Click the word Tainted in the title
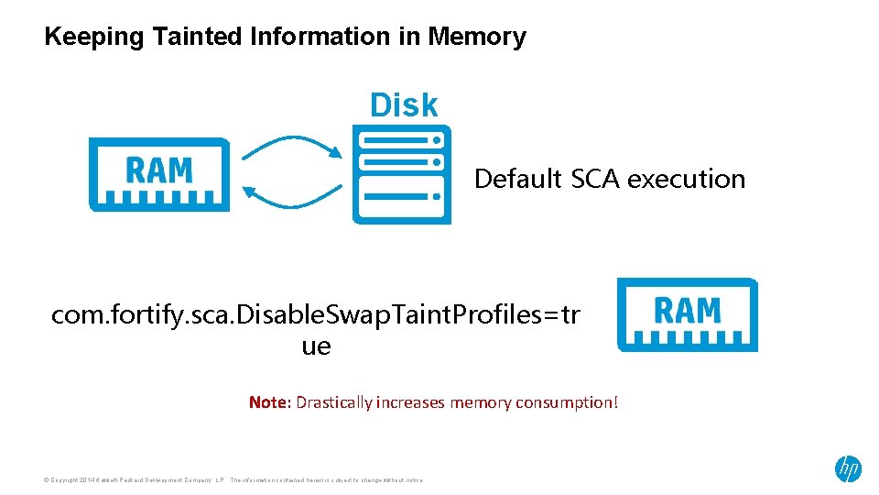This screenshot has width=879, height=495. (x=198, y=37)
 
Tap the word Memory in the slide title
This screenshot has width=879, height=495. (x=476, y=37)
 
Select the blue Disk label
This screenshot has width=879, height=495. (x=404, y=105)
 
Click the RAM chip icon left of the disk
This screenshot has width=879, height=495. (x=158, y=174)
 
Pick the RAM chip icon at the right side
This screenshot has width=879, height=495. (x=687, y=314)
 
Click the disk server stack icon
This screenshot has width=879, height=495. (x=401, y=175)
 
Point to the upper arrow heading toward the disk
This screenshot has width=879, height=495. (x=292, y=146)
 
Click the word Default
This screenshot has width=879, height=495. (x=517, y=179)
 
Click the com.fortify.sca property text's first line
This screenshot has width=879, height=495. (x=315, y=315)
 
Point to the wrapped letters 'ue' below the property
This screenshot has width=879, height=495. (x=316, y=346)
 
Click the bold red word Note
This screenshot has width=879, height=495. (x=267, y=401)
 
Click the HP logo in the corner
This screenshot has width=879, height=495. (x=848, y=469)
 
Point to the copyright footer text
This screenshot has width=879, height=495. (x=233, y=479)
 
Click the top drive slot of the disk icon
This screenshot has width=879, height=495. (x=401, y=140)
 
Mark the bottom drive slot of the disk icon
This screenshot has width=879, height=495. (x=401, y=195)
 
